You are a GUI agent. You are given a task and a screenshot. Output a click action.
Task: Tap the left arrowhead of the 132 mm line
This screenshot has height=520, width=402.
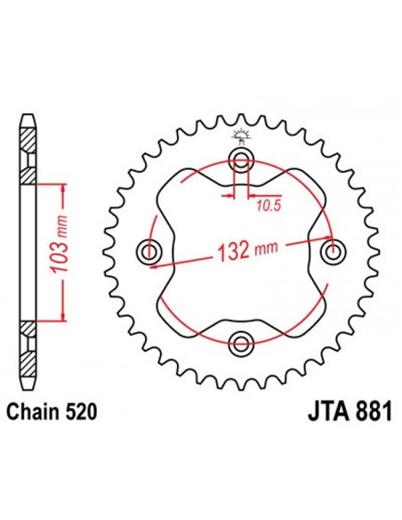point(153,264)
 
